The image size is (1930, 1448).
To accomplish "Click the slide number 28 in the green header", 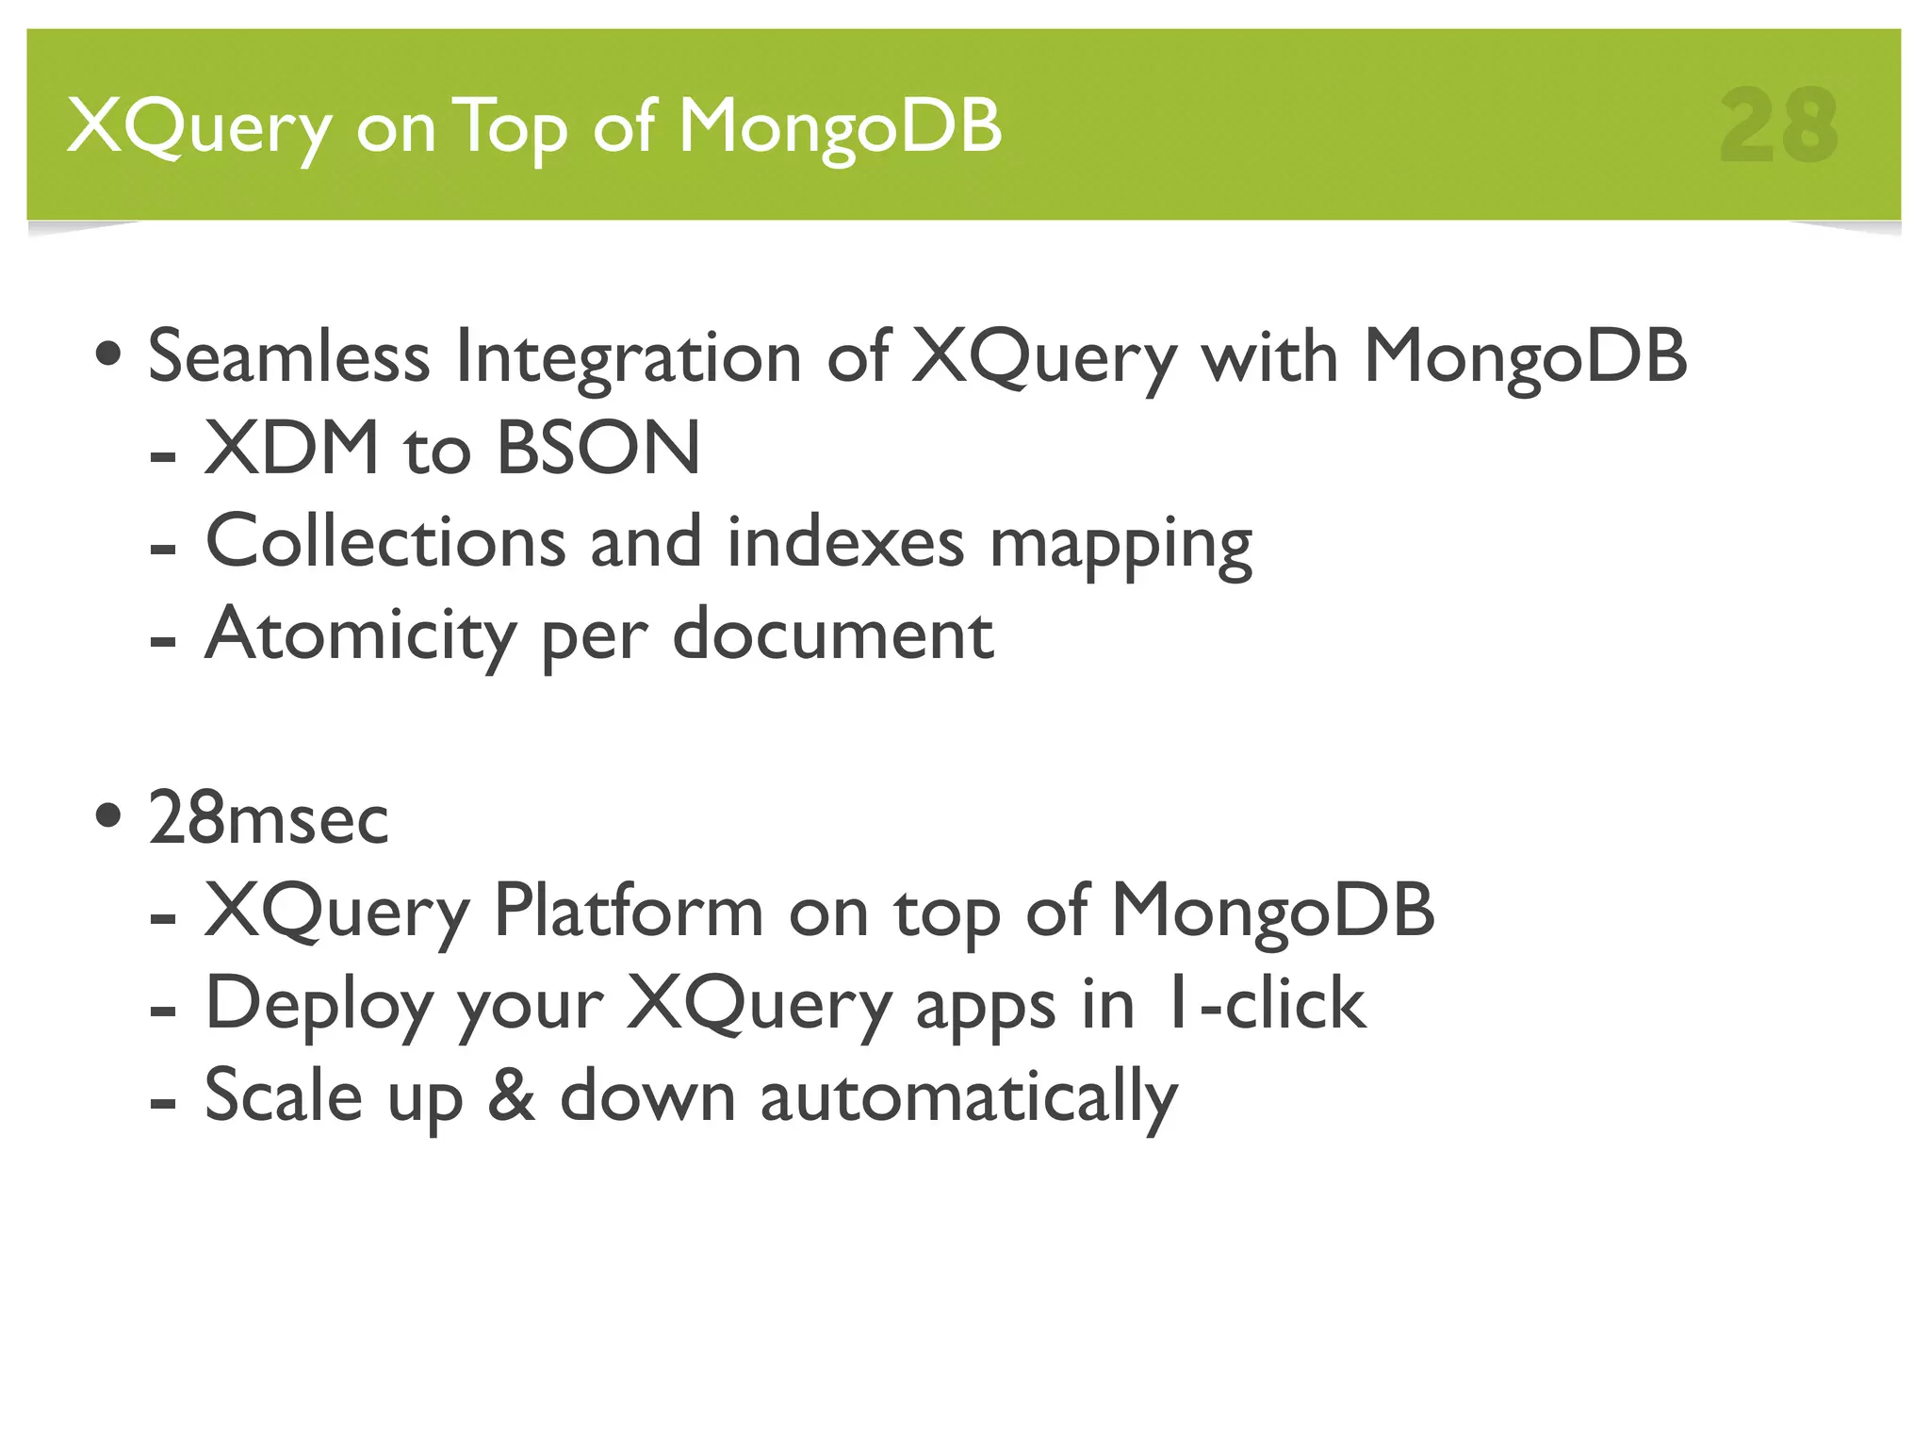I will coord(1778,126).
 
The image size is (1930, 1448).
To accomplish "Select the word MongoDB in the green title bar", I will coord(840,128).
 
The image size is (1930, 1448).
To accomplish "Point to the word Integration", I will coord(628,358).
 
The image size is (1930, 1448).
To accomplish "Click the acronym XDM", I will coord(291,448).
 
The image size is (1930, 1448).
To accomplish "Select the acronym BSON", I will coord(598,448).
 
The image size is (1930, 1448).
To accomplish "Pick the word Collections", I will coord(385,541).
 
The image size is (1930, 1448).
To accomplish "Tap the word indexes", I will coord(845,541).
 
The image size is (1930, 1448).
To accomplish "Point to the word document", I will coord(832,633).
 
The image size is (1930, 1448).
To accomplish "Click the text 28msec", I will coord(269,818).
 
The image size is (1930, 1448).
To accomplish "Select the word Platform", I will coord(629,911).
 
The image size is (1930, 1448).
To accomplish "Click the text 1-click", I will coord(1265,1003).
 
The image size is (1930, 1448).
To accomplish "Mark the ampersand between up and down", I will coord(512,1095).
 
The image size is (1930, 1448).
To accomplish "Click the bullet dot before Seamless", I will coord(108,356).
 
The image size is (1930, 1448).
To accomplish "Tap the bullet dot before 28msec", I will coord(108,816).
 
